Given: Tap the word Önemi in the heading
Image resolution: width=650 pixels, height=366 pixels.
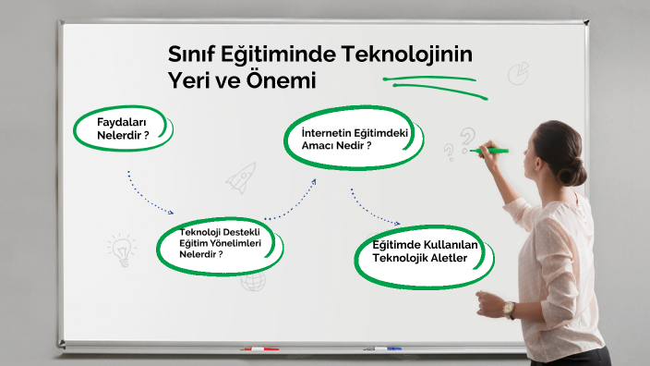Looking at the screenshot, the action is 281,80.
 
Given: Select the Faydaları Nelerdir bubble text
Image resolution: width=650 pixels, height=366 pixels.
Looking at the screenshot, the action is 123,128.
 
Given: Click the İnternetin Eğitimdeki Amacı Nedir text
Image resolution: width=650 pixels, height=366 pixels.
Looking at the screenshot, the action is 355,139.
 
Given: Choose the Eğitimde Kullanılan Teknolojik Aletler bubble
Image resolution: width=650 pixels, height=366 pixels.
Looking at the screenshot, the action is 425,256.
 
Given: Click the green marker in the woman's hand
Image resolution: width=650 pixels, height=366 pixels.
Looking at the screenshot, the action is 489,151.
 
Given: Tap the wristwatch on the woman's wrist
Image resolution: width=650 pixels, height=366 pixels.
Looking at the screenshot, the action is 509,310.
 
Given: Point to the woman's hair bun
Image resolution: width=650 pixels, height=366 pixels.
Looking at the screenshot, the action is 572,172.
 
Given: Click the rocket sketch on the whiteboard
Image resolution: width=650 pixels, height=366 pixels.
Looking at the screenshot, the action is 241,178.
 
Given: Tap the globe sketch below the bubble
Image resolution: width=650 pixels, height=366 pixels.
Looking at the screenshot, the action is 253,281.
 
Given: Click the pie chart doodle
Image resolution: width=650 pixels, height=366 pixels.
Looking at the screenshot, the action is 518,73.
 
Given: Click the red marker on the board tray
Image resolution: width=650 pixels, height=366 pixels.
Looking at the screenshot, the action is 261,349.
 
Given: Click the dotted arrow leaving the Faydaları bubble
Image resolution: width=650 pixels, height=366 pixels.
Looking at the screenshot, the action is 146,198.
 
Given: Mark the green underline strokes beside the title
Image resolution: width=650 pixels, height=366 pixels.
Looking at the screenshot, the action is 435,87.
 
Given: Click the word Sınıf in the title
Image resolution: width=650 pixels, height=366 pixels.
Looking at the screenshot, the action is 190,55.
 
